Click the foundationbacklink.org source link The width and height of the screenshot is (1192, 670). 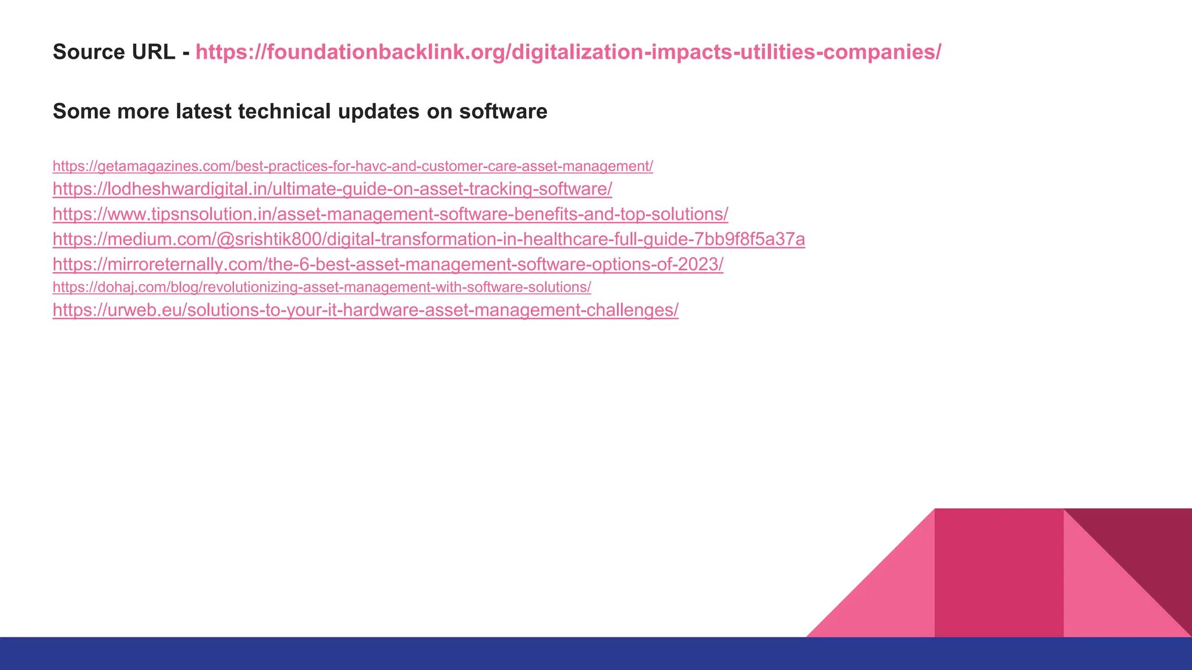point(568,52)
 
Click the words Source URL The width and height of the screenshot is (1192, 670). point(113,52)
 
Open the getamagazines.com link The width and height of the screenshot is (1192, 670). point(353,166)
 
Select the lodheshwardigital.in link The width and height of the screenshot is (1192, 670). point(332,189)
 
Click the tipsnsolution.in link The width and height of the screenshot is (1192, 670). point(390,214)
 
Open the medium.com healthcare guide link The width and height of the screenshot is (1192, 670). point(429,239)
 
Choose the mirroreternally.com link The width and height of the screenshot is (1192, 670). point(388,264)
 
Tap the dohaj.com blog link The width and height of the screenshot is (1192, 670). point(322,287)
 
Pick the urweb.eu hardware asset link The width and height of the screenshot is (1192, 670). point(366,310)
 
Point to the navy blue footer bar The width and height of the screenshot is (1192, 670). point(596,653)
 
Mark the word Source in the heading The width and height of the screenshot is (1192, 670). point(86,52)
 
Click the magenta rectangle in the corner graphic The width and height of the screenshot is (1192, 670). point(999,573)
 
